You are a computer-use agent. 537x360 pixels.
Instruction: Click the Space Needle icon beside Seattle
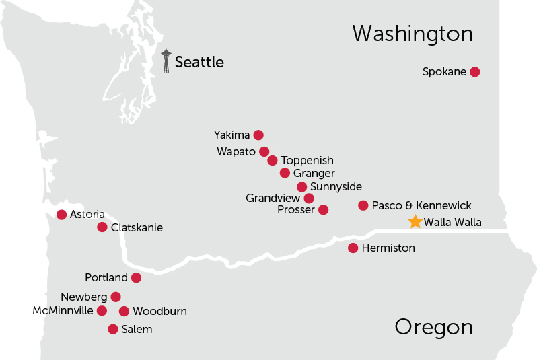[x=166, y=61]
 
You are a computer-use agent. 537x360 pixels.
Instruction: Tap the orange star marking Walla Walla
[x=415, y=221]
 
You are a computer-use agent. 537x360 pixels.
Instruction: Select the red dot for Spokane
[x=474, y=71]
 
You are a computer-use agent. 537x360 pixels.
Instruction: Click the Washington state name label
[x=413, y=34]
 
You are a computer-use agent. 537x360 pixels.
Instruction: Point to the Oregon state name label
[x=433, y=327]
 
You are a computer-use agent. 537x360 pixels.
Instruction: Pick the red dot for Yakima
[x=258, y=135]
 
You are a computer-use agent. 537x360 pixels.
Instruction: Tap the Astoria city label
[x=87, y=214]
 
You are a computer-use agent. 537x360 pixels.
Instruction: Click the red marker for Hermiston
[x=353, y=248]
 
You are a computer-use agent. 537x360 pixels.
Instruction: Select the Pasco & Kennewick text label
[x=422, y=205]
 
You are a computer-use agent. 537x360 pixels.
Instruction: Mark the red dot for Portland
[x=136, y=277]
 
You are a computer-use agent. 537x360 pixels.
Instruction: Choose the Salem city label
[x=137, y=329]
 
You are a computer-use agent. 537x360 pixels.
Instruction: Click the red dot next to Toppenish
[x=273, y=160]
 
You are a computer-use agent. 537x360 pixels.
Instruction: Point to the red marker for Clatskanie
[x=102, y=227]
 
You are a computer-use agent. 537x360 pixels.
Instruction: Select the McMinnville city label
[x=63, y=310]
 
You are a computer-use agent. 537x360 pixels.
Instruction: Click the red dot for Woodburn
[x=124, y=311]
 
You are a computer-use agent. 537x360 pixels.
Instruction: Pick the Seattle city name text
[x=199, y=62]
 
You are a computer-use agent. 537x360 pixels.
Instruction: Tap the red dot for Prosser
[x=323, y=210]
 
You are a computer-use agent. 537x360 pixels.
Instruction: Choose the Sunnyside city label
[x=336, y=186]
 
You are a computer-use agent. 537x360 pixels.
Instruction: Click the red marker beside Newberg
[x=116, y=297]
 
